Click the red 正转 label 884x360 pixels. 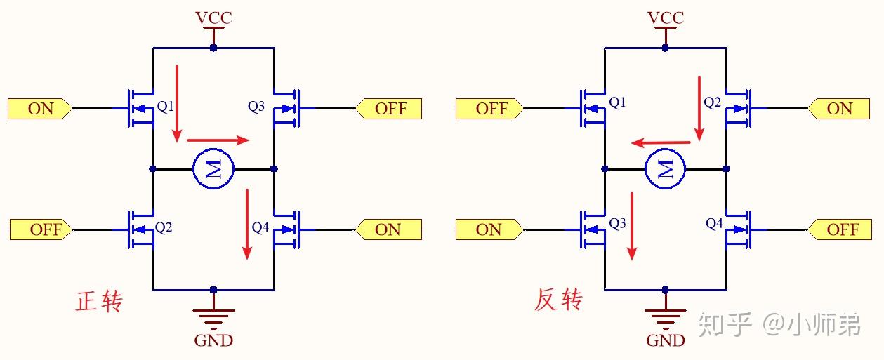coord(99,302)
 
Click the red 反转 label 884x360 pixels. coord(558,300)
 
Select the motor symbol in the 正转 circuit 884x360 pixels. coord(213,169)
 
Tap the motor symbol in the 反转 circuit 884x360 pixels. coord(665,169)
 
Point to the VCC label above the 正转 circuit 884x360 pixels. coord(213,18)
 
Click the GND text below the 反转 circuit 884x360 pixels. coord(665,341)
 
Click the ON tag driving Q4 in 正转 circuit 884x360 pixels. coord(388,229)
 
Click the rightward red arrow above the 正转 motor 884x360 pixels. coord(218,140)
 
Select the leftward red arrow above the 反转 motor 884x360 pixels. coord(661,142)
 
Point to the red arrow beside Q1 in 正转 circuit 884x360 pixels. coord(177,102)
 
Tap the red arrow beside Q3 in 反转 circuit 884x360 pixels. coord(633,225)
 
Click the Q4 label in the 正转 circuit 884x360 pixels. coord(260,227)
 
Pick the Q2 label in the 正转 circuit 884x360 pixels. coord(164,227)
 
